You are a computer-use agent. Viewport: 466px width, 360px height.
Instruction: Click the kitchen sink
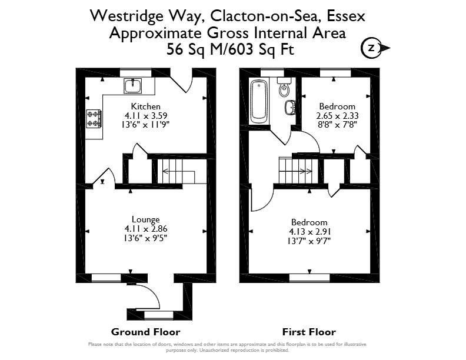(x=133, y=86)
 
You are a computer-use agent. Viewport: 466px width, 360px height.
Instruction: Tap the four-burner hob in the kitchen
(x=94, y=118)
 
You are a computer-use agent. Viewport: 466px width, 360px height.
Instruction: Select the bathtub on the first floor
(x=259, y=102)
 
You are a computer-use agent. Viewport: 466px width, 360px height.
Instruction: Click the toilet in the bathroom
(x=284, y=86)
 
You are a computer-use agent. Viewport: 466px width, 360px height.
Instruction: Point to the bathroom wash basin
(x=289, y=107)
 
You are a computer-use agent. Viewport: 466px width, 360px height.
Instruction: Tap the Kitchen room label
(x=146, y=106)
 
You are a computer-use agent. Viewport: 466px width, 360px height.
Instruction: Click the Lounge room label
(x=146, y=219)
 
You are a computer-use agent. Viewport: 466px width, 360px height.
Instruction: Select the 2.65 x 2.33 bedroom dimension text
(x=337, y=115)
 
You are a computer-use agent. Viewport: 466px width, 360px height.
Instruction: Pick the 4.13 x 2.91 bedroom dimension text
(x=309, y=231)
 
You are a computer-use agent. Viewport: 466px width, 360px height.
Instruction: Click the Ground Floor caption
(x=146, y=332)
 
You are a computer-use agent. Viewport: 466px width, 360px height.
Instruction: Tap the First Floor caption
(x=309, y=332)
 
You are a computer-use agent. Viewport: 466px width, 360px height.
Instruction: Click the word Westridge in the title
(x=127, y=16)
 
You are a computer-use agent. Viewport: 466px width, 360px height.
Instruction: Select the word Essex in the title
(x=346, y=16)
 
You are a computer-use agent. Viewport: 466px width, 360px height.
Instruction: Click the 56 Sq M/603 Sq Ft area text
(x=230, y=49)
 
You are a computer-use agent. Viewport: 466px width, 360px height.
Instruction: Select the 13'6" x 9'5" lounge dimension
(x=146, y=238)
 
